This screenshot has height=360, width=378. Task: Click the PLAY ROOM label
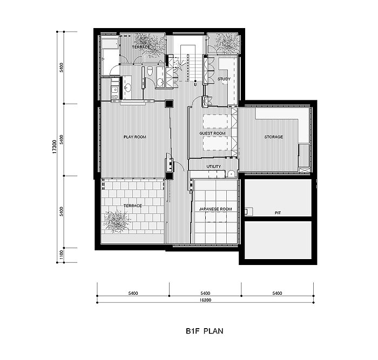pyautogui.click(x=135, y=137)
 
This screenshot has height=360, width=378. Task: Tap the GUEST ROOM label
pyautogui.click(x=212, y=133)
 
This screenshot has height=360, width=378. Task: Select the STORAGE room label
pyautogui.click(x=273, y=137)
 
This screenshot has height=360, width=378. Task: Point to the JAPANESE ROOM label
pyautogui.click(x=215, y=209)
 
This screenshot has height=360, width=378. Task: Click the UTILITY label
pyautogui.click(x=214, y=166)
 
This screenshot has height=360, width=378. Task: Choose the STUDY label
pyautogui.click(x=224, y=79)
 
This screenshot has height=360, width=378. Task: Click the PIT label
pyautogui.click(x=278, y=213)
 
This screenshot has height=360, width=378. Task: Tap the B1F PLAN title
pyautogui.click(x=205, y=331)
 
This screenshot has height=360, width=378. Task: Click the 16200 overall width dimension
pyautogui.click(x=205, y=300)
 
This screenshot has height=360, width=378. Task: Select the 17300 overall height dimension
pyautogui.click(x=55, y=146)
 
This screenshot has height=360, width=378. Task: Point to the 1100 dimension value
pyautogui.click(x=62, y=255)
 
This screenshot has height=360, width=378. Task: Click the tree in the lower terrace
pyautogui.click(x=117, y=221)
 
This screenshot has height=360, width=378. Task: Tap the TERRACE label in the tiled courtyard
pyautogui.click(x=133, y=206)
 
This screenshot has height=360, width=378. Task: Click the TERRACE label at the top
pyautogui.click(x=141, y=47)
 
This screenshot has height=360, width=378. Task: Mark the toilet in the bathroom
pyautogui.click(x=150, y=71)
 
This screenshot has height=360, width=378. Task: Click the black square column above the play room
pyautogui.click(x=169, y=104)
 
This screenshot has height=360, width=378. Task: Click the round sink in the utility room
pyautogui.click(x=231, y=174)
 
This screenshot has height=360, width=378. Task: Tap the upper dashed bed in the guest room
pyautogui.click(x=215, y=121)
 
